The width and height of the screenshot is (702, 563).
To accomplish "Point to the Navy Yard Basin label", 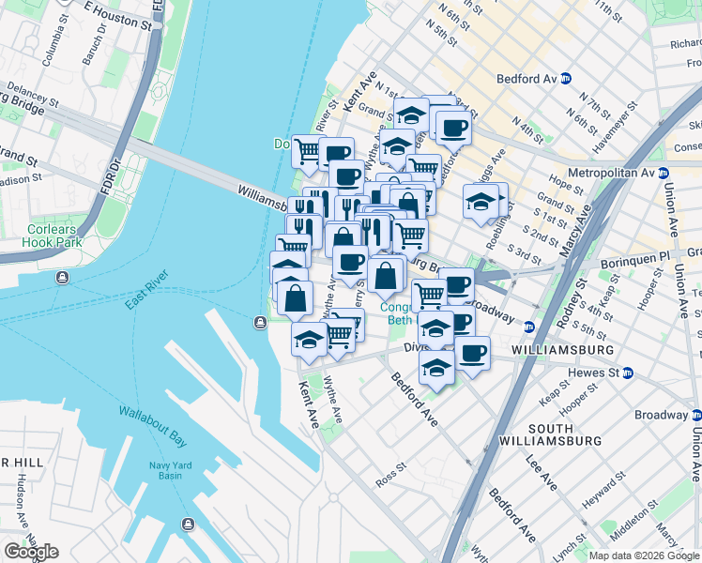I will [171, 471].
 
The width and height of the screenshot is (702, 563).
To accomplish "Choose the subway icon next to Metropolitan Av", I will [663, 174].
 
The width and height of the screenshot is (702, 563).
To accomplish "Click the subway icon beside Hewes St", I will [628, 373].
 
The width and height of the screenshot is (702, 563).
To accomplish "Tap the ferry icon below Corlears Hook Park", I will [62, 278].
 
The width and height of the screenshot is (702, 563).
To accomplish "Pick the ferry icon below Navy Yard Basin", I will [189, 523].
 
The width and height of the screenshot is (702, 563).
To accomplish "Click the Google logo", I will [30, 552].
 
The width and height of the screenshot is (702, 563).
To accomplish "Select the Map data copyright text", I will [644, 555].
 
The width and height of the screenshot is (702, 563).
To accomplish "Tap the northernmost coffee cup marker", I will [452, 127].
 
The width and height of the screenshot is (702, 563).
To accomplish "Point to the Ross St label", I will [389, 465].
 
